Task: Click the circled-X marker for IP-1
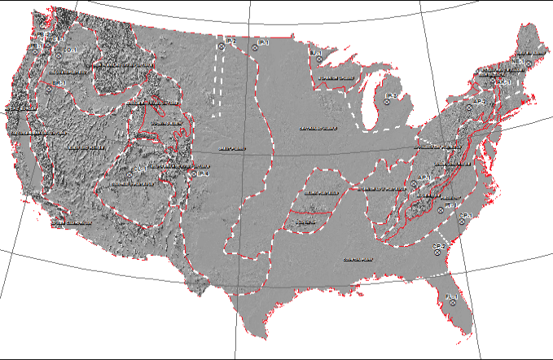point(255,48)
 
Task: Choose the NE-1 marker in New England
point(528,63)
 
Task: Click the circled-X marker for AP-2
point(468,107)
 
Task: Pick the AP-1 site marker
point(413,184)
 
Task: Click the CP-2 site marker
point(437,252)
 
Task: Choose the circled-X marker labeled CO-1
point(130,173)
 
